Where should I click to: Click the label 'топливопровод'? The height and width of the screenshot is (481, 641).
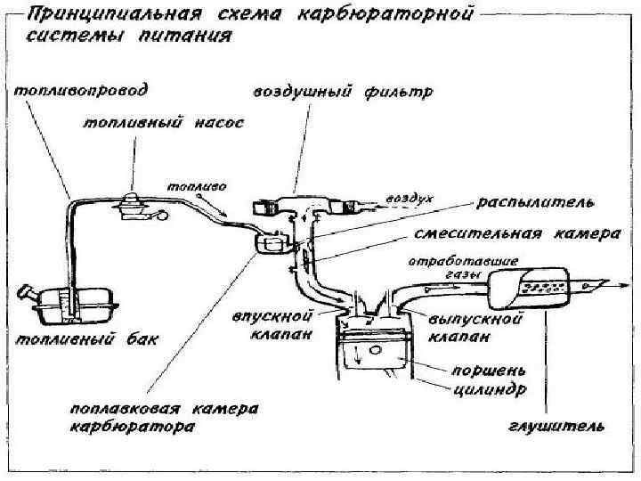(81, 90)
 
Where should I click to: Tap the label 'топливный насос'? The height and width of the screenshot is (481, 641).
(163, 125)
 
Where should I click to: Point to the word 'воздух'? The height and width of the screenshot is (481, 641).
(410, 198)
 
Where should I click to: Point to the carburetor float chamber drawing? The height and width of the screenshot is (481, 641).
(271, 241)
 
